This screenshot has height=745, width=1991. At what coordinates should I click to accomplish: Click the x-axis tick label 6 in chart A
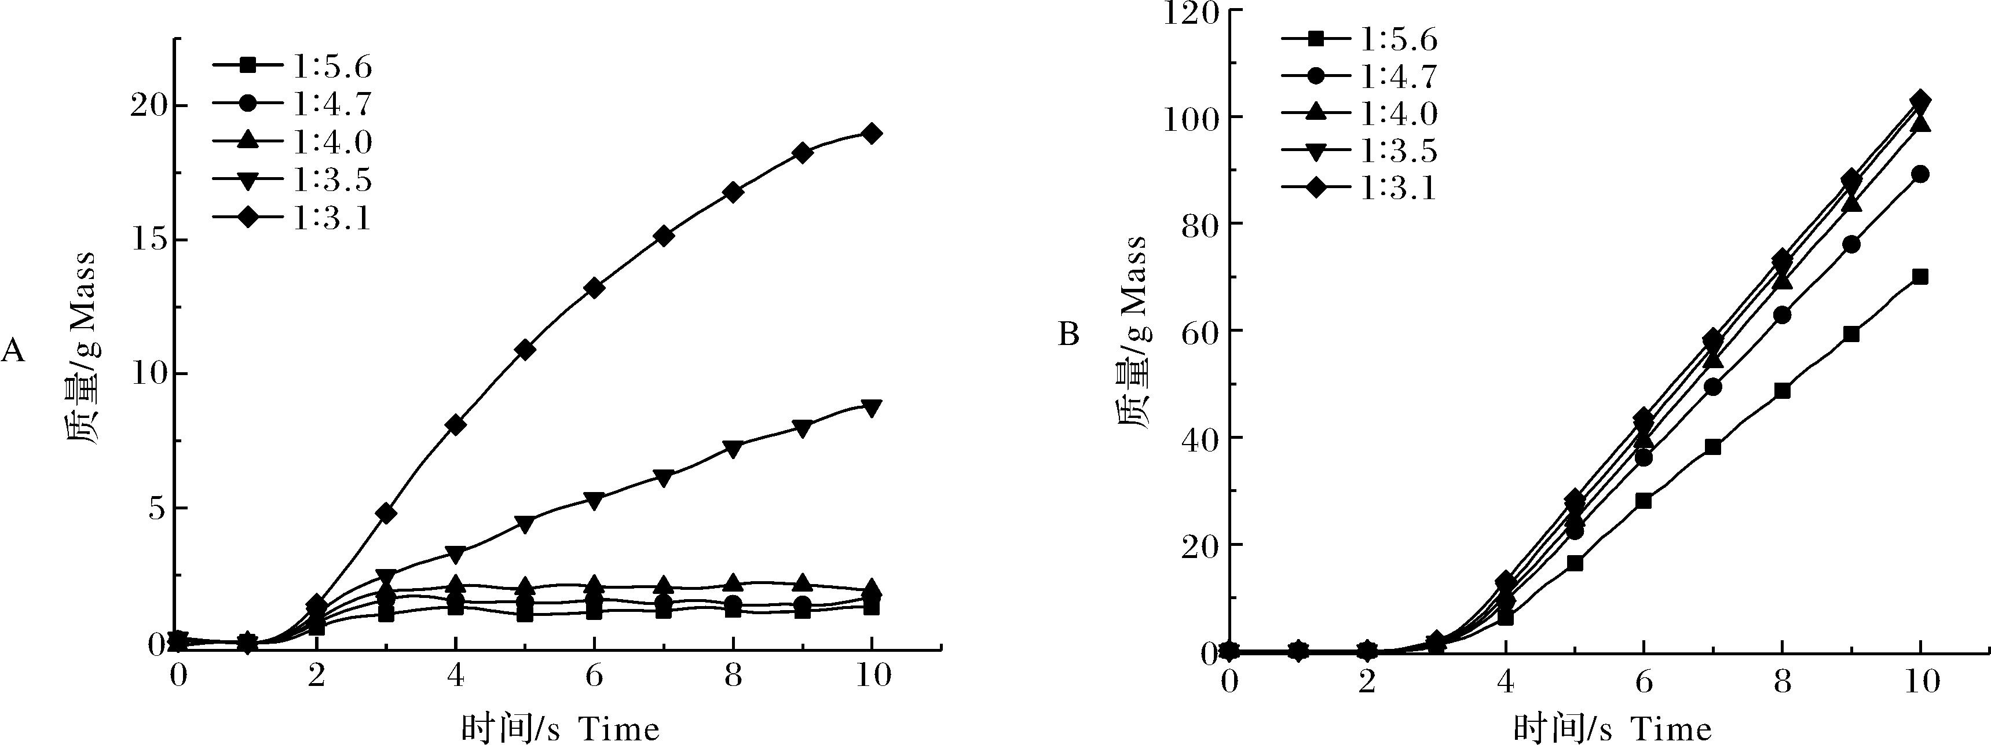pyautogui.click(x=594, y=676)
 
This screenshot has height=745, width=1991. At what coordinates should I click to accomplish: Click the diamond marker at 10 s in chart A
pyautogui.click(x=872, y=134)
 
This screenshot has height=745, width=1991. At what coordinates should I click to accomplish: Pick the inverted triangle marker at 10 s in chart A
pyautogui.click(x=872, y=408)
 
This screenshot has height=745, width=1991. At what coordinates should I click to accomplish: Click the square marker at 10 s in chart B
pyautogui.click(x=1920, y=277)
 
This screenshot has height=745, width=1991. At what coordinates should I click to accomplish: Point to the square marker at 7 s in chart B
pyautogui.click(x=1713, y=447)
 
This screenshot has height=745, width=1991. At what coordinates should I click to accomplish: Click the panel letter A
pyautogui.click(x=13, y=351)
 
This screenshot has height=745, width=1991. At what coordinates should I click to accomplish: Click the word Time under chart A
pyautogui.click(x=618, y=729)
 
